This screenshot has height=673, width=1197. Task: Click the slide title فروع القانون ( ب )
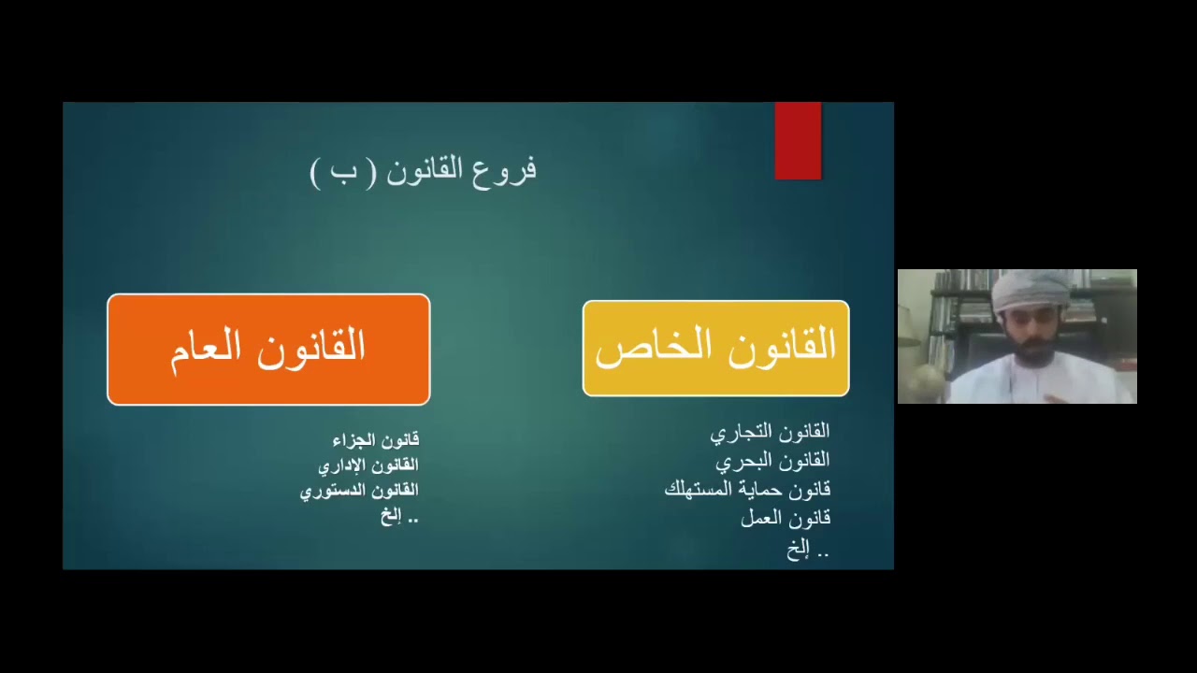click(x=424, y=171)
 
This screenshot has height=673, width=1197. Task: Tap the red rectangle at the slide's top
click(x=798, y=140)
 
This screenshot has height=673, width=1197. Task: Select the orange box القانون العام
click(x=268, y=350)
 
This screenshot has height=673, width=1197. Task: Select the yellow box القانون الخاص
click(x=715, y=349)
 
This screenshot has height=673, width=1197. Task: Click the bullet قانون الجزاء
click(x=376, y=439)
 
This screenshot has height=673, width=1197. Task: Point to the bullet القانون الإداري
click(x=368, y=465)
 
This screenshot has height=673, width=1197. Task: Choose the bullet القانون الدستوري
click(x=359, y=490)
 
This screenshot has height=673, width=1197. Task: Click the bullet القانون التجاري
click(x=770, y=432)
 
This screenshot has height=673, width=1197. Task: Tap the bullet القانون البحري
click(x=772, y=461)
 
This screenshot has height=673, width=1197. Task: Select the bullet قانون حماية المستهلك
click(x=747, y=489)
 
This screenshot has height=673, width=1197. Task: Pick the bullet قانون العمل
click(x=786, y=518)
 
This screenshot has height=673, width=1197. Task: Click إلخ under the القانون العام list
click(x=399, y=516)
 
